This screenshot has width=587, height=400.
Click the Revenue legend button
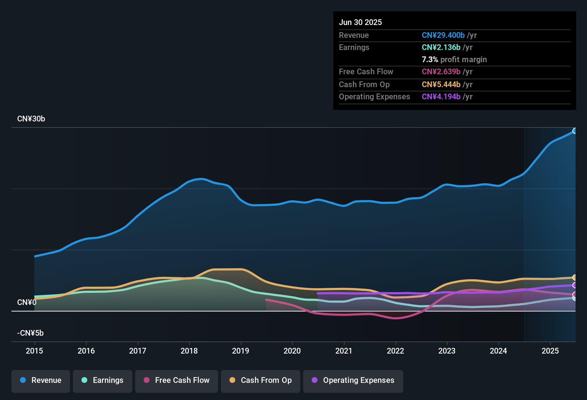point(41,380)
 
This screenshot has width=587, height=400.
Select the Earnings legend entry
point(103,380)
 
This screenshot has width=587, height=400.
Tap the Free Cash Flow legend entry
point(177,380)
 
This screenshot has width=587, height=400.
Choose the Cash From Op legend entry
point(261,380)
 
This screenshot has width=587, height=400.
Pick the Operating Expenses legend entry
point(353,380)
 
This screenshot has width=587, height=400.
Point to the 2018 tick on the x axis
point(189,351)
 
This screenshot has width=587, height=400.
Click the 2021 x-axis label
point(344,351)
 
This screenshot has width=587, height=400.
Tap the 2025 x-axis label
point(550,351)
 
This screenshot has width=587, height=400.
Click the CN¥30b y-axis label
point(31,119)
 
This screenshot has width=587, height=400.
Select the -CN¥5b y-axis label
point(30,333)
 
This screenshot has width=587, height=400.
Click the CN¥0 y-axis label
point(27,302)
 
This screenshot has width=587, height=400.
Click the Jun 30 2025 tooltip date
point(360,22)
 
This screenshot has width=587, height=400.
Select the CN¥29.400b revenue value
point(443,35)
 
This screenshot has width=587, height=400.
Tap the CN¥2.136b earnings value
point(441,47)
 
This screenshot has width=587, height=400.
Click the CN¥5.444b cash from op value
point(441,85)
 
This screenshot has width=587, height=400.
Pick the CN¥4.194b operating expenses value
point(441,97)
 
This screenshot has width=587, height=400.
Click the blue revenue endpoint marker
point(574,131)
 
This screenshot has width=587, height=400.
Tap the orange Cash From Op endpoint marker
point(574,277)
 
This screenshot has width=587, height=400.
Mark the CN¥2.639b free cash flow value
point(441,72)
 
